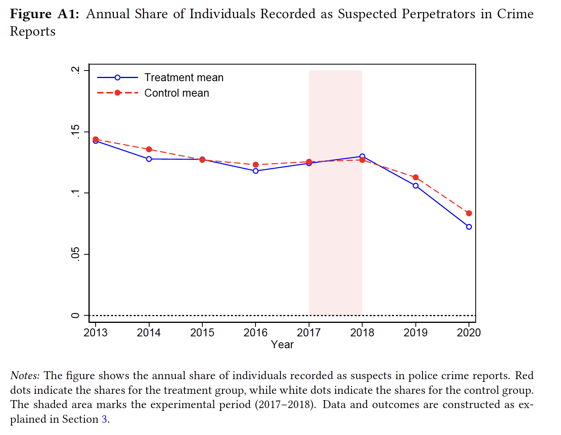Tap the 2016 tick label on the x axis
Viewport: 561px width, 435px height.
tap(256, 332)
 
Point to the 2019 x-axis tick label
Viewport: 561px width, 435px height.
tap(415, 332)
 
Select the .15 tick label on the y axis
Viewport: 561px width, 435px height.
tap(75, 132)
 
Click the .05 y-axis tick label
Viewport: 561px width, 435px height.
tap(75, 254)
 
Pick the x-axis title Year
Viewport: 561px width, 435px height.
tap(282, 345)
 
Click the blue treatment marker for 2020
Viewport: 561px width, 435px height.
tap(469, 227)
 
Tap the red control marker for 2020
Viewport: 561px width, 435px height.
tap(469, 214)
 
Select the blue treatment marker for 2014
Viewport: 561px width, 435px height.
tap(149, 159)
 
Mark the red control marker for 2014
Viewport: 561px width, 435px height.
tap(149, 149)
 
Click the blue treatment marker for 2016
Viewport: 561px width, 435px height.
tap(256, 171)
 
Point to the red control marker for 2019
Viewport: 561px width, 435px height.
tap(415, 177)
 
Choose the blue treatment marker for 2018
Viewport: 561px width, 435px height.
tap(362, 156)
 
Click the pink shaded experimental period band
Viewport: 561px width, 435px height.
tap(336, 238)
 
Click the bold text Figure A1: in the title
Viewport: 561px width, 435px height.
tap(44, 14)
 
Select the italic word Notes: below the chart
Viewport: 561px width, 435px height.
tap(25, 376)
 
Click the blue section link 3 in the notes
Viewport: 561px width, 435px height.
tap(104, 419)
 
